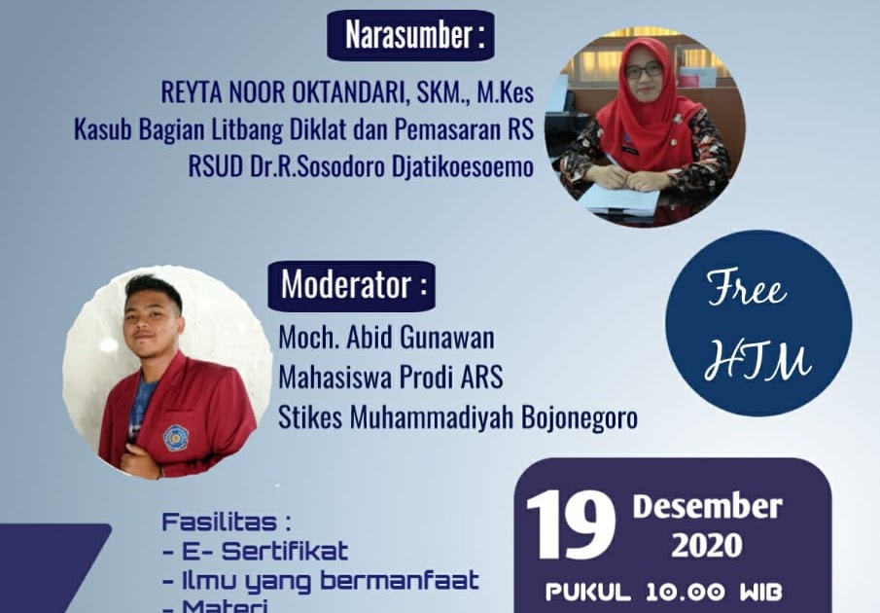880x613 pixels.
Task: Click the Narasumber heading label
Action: pos(410,36)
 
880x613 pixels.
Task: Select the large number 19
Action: pos(571,526)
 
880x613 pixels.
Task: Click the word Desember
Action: pos(707,507)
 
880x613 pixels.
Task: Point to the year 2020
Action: pos(707,546)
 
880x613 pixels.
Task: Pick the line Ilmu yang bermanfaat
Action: pos(320,582)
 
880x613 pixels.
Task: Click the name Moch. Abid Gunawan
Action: pos(386,338)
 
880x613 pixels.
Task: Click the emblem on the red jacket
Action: pos(175,437)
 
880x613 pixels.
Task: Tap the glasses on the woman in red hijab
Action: pos(643,71)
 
